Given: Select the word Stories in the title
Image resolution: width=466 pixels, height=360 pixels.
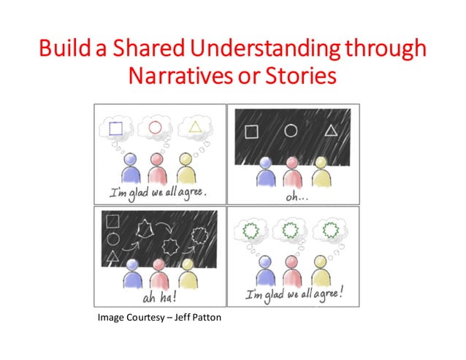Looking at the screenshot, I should (301, 75).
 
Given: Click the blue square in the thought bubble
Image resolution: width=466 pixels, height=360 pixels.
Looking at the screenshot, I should (115, 129).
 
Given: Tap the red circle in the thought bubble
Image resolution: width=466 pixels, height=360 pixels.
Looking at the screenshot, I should (155, 128).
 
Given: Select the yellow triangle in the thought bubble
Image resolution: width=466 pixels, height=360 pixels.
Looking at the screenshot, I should (194, 127).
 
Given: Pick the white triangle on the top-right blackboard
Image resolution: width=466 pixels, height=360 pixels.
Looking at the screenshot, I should (331, 131).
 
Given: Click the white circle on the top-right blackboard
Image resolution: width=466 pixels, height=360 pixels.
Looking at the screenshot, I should (291, 131).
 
